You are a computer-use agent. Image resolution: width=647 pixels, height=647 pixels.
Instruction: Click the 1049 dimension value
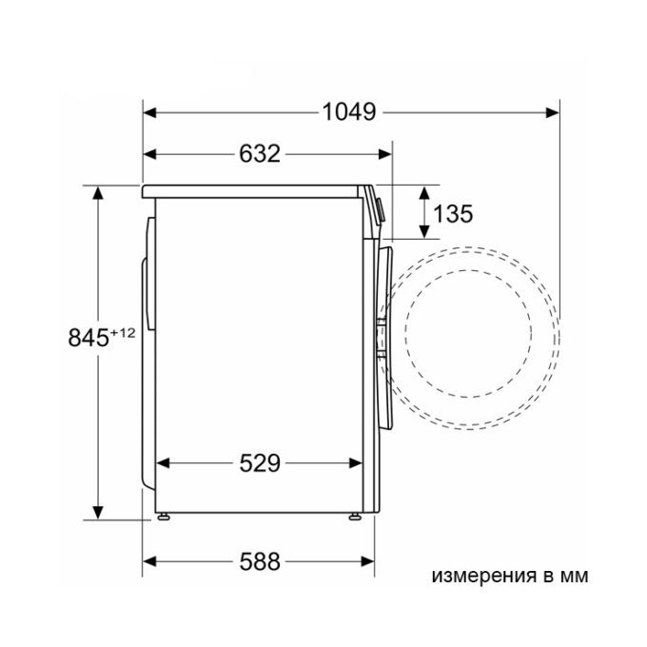tap(349, 112)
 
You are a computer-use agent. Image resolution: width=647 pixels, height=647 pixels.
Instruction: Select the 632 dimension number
tap(260, 153)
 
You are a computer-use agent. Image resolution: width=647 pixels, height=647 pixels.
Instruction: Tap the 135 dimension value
tap(453, 214)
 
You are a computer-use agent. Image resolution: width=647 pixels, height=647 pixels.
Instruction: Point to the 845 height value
tap(88, 338)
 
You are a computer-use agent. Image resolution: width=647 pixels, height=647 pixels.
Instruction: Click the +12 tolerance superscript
tap(123, 333)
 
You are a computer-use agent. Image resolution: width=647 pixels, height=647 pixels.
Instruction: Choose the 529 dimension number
tap(260, 463)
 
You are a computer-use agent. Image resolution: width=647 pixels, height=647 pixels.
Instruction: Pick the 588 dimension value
tap(260, 561)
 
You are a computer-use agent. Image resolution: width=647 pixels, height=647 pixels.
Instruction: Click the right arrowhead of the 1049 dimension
tap(553, 112)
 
